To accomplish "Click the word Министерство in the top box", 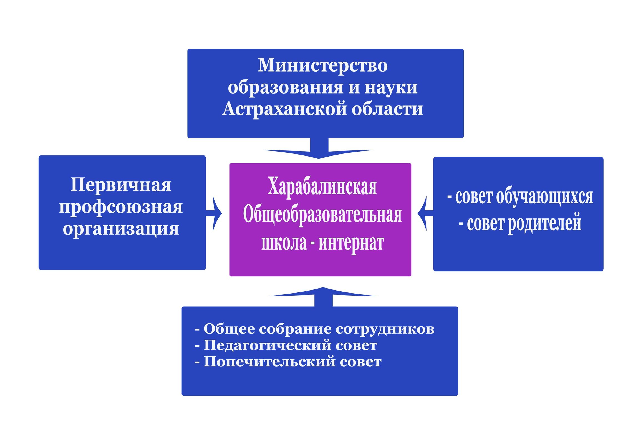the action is coord(322,65).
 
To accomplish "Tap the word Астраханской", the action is coord(284,109).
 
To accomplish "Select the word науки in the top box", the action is coord(391,88).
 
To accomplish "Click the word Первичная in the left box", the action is coord(121,185).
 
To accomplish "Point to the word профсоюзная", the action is coord(121,207).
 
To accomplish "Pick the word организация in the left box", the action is coord(121,229).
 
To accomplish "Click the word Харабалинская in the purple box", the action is coord(322,186).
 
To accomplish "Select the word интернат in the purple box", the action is coord(351,243).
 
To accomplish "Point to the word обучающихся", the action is coord(544,197).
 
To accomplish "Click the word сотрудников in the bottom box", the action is coord(385,329).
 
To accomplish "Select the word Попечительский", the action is coord(269,362).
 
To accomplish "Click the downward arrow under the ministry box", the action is coord(319,148).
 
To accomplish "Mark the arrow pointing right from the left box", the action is coord(214,213).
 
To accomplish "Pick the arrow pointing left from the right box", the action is coord(425,213).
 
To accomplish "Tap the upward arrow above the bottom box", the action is coord(323,297).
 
